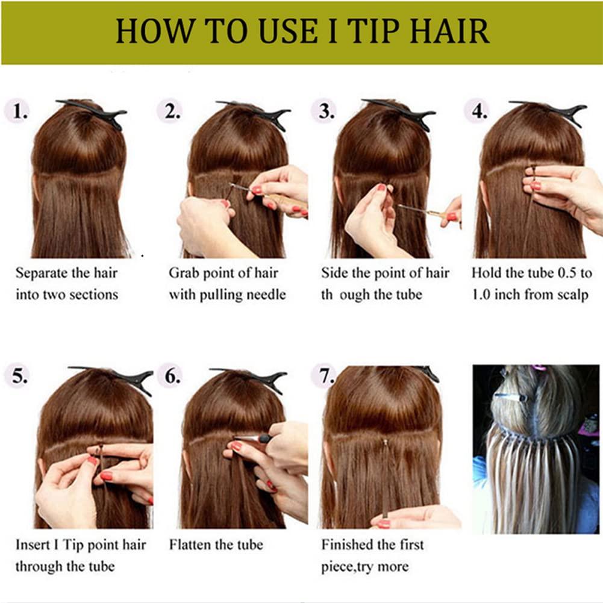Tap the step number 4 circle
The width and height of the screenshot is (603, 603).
click(x=478, y=111)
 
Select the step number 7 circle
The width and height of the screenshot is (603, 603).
click(x=326, y=376)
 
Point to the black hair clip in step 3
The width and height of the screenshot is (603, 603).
click(x=401, y=112)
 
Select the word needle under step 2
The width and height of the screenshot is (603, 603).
click(x=266, y=295)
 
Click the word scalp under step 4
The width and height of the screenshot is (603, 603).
click(x=571, y=295)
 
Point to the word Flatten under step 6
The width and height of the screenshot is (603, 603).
click(x=188, y=545)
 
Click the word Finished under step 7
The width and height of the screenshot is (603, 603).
click(x=346, y=545)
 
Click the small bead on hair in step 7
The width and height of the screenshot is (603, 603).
click(x=384, y=442)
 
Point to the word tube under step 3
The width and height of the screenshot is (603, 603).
click(x=408, y=295)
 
